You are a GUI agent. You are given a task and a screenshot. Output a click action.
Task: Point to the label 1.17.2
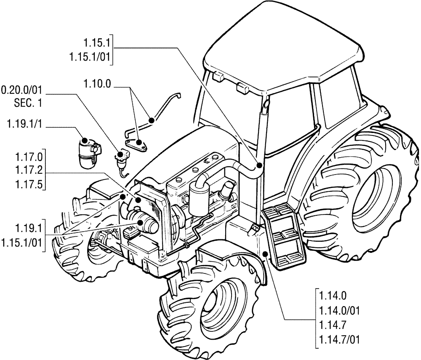click(28, 172)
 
